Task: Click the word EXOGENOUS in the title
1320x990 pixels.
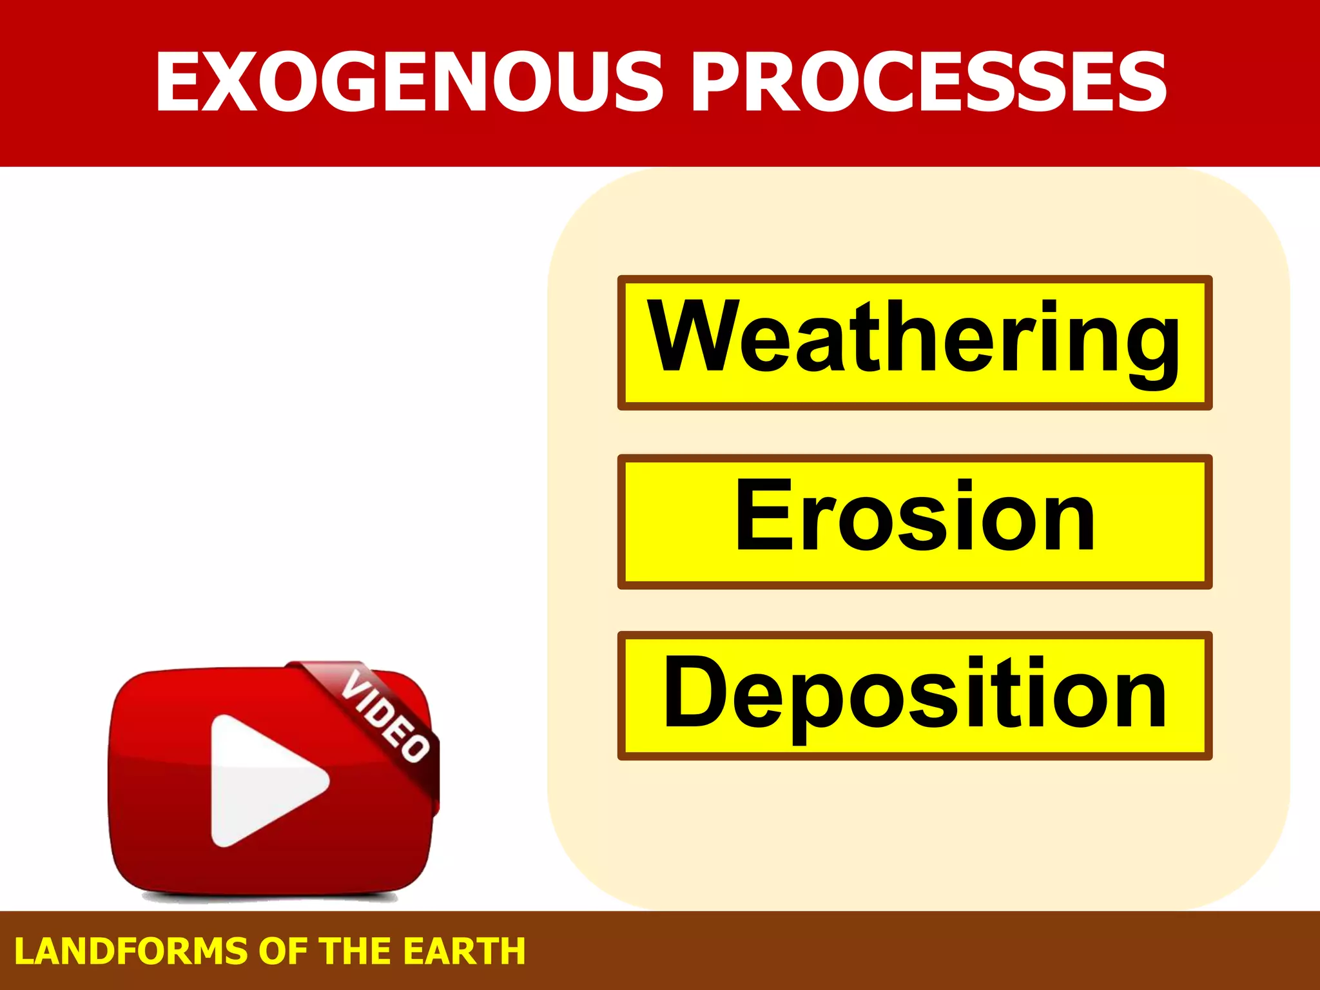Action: (410, 82)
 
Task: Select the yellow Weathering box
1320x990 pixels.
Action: (915, 342)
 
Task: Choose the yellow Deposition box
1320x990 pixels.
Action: (915, 695)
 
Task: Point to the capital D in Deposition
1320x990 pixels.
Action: (694, 692)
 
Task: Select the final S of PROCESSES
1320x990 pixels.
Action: (1136, 82)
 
